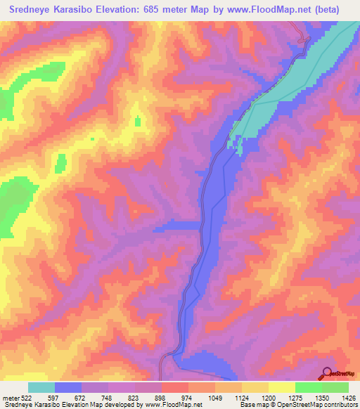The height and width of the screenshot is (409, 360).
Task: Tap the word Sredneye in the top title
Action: coord(28,9)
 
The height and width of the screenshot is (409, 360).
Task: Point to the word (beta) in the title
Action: coord(326,9)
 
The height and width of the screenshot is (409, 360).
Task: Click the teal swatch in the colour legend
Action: coord(41,387)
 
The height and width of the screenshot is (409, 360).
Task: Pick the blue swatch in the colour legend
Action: coord(68,387)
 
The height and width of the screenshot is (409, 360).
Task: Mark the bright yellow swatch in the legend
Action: coord(281,387)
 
